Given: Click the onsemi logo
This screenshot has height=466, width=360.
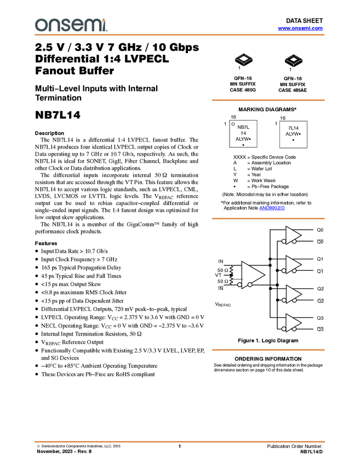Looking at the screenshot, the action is [x=71, y=25].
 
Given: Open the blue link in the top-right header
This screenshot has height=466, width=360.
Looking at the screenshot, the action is [x=300, y=29].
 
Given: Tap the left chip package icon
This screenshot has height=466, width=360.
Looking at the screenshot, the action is [x=244, y=60].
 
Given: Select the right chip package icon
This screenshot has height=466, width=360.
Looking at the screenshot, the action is [x=294, y=60].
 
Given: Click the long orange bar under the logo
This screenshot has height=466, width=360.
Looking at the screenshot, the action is [x=180, y=35].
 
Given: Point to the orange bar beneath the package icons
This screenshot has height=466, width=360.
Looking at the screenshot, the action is [x=268, y=100].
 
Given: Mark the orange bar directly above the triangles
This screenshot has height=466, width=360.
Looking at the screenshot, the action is [x=268, y=218].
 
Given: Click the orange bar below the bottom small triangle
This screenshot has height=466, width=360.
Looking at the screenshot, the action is [x=268, y=350].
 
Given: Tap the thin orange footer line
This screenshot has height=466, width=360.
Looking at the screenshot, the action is [x=180, y=441].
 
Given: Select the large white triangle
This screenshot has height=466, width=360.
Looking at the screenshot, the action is [x=252, y=274].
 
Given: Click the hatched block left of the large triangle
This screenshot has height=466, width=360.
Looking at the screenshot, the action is [x=232, y=275].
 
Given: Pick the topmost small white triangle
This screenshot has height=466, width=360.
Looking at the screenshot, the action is [x=293, y=235].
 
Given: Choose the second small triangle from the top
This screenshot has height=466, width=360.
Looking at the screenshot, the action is [x=293, y=265].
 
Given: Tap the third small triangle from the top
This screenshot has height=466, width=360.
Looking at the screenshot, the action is [x=293, y=294].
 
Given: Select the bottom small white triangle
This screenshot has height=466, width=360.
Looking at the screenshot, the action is [x=293, y=323].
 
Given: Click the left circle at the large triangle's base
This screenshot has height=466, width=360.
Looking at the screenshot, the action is [x=240, y=285].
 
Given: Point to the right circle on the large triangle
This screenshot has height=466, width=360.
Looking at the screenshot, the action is [x=250, y=285].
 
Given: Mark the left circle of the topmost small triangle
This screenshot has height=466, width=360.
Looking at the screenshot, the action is [x=284, y=241].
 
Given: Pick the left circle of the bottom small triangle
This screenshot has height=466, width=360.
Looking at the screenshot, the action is [x=284, y=329].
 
